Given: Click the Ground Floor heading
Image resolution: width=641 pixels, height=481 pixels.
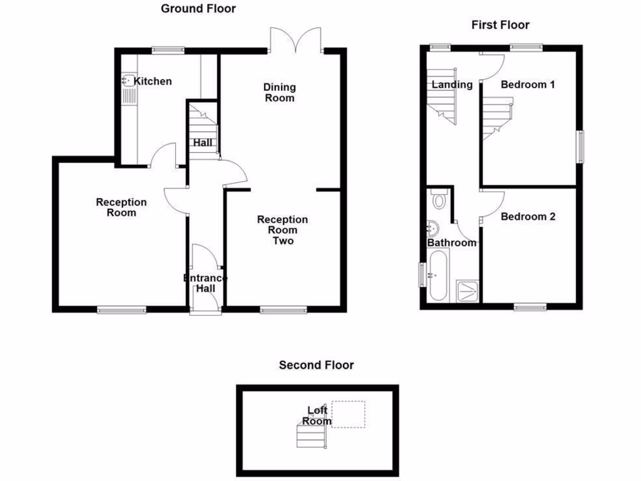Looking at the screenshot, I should click(x=198, y=9).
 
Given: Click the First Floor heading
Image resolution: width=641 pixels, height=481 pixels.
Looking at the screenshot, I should click(x=500, y=25).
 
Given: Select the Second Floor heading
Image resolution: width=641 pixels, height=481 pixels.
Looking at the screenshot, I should click(x=316, y=365).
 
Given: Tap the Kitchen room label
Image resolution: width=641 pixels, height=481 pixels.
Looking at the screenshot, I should click(x=153, y=81).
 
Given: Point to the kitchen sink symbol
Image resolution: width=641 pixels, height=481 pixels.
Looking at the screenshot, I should click(x=128, y=81).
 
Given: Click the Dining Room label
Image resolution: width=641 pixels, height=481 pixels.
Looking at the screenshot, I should click(x=279, y=93).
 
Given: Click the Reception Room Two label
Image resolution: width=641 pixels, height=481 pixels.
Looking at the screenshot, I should click(x=282, y=230).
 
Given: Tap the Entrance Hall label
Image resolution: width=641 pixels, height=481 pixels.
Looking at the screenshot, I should click(x=205, y=283).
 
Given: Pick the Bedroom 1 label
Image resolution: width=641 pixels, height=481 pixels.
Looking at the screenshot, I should click(x=528, y=85).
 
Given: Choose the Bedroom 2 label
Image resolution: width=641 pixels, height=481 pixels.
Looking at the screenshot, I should click(x=528, y=217).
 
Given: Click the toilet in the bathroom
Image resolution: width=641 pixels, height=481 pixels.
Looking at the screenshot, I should click(x=438, y=200).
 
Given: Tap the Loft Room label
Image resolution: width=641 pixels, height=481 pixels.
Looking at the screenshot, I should click(x=317, y=416).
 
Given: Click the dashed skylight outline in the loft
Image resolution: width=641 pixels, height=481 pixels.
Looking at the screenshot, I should click(x=349, y=414).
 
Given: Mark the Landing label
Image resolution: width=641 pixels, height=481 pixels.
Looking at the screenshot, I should click(x=452, y=85).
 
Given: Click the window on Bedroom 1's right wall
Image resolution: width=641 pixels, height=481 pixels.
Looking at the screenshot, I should click(x=580, y=147).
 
